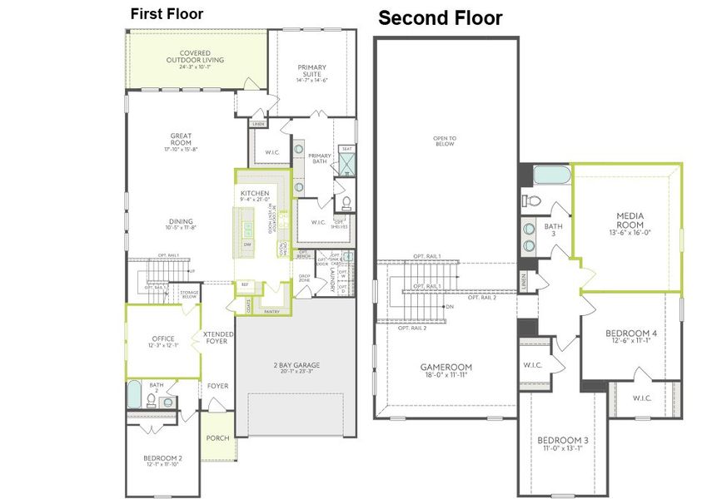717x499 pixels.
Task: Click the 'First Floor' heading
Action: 167,14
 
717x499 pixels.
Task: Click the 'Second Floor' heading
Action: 441,18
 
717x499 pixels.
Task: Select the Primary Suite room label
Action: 312,73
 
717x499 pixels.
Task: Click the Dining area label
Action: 181,222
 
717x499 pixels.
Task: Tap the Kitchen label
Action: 256,193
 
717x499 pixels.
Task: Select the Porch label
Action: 217,438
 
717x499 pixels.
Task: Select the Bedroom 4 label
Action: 630,336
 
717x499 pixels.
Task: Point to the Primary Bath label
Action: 320,160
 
